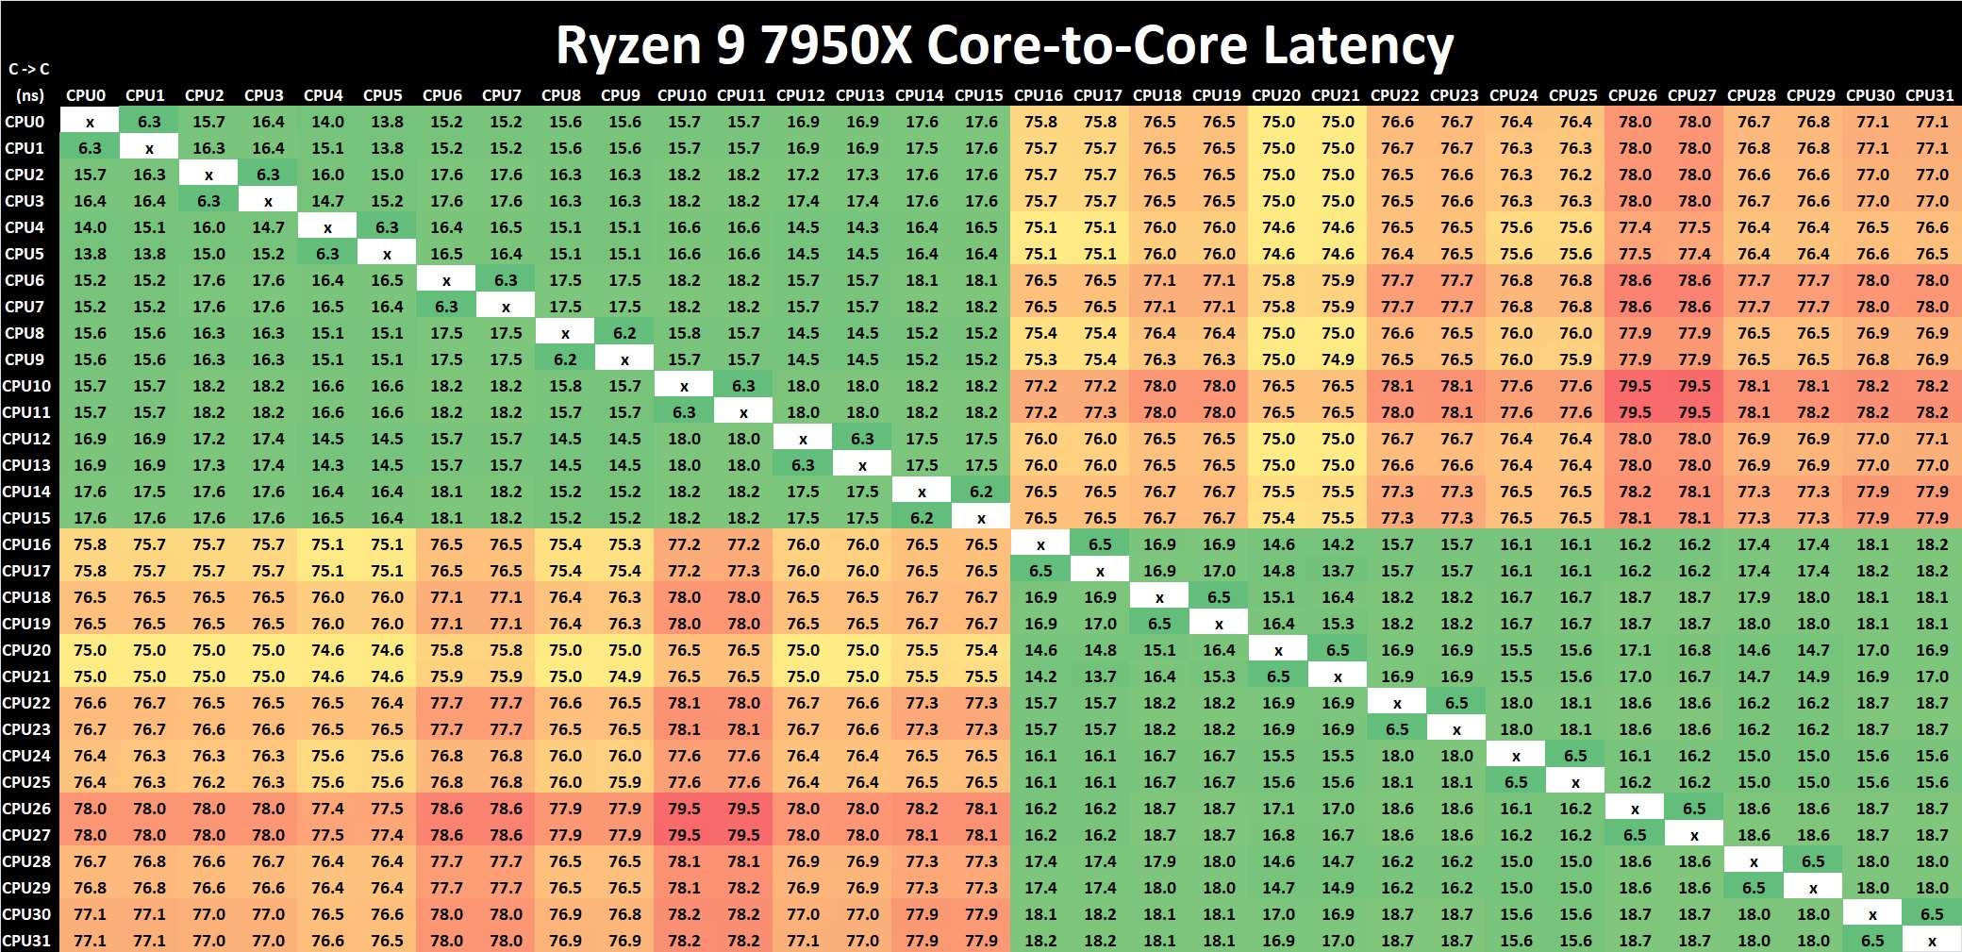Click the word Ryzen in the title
(628, 45)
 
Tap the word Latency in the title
(1357, 45)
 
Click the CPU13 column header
(859, 95)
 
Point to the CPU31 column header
(1929, 95)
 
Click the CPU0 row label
(25, 122)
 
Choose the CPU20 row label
(26, 650)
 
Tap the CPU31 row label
(26, 941)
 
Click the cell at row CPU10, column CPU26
(1635, 386)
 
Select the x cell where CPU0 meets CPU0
(90, 122)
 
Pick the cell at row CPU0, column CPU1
(149, 122)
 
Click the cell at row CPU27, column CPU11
(743, 835)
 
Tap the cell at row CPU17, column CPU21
(1338, 571)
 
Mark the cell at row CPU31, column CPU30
(1872, 941)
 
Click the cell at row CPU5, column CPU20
(1278, 254)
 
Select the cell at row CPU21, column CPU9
(624, 676)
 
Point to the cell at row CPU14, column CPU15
(981, 492)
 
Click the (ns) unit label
(29, 95)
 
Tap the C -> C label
(29, 69)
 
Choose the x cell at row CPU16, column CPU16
(1040, 544)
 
